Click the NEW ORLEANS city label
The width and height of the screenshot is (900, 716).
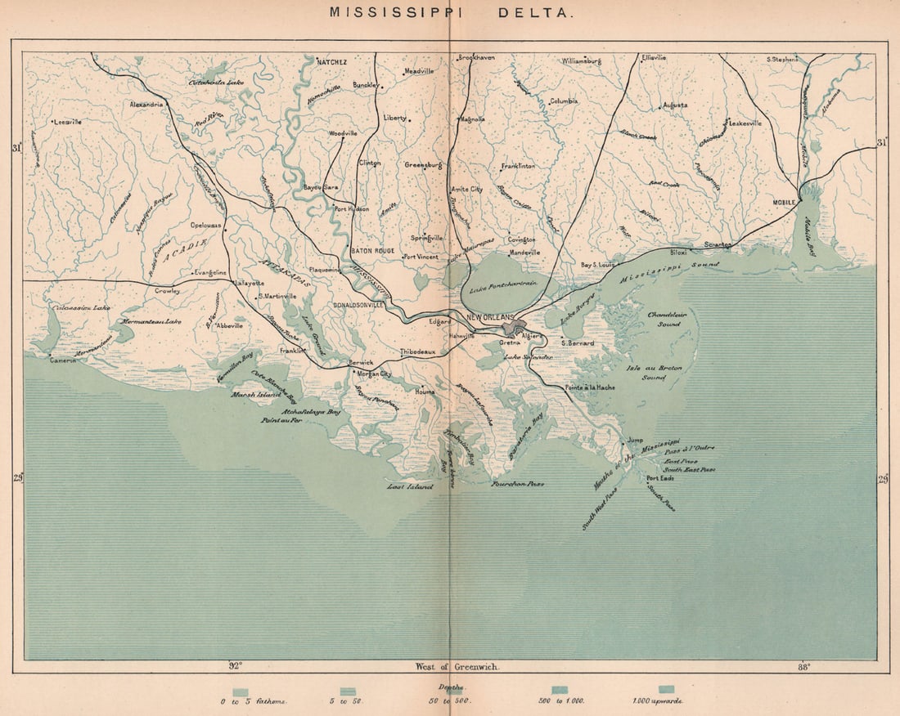pyautogui.click(x=489, y=317)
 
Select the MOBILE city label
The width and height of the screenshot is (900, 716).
pyautogui.click(x=784, y=201)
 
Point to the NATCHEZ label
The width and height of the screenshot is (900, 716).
pyautogui.click(x=332, y=61)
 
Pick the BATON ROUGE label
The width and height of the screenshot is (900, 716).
pyautogui.click(x=372, y=250)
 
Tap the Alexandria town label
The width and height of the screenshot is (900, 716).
pyautogui.click(x=147, y=105)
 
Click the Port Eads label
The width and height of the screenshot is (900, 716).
pyautogui.click(x=660, y=478)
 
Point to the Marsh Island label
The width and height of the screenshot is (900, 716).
pyautogui.click(x=255, y=394)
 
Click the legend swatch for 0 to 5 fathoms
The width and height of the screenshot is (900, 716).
pyautogui.click(x=240, y=691)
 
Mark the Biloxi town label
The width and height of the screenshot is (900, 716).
pyautogui.click(x=678, y=253)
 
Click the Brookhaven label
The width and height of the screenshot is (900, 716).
pyautogui.click(x=477, y=58)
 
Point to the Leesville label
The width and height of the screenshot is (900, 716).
pyautogui.click(x=68, y=122)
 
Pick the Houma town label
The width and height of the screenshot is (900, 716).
pyautogui.click(x=425, y=392)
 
